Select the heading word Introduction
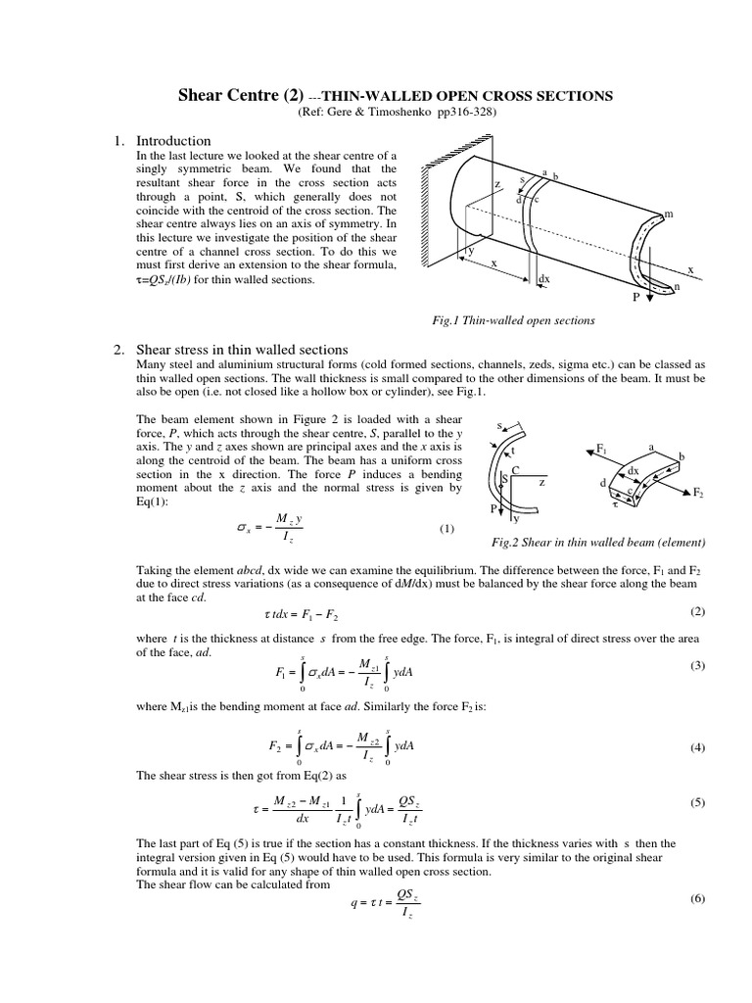point(173,141)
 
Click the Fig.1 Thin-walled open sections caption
point(513,320)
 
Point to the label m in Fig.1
point(669,213)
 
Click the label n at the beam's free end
point(674,286)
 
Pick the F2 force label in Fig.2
point(698,496)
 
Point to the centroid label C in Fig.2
point(515,470)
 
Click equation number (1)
point(446,529)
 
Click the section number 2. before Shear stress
point(118,349)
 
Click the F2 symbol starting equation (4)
point(276,745)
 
